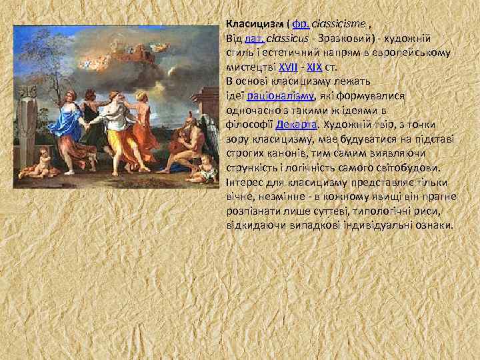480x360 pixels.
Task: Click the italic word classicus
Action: click(x=292, y=39)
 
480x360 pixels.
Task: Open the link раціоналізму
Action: click(x=278, y=95)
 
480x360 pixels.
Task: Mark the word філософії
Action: click(x=247, y=124)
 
